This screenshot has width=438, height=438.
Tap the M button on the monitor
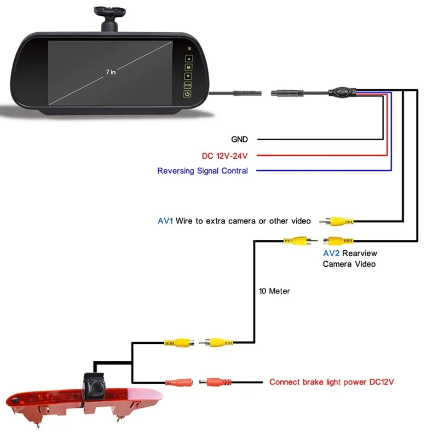click(188, 67)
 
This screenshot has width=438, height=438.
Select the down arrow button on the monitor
click(188, 76)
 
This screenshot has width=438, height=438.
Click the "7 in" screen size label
click(111, 71)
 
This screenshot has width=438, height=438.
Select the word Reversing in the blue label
click(176, 171)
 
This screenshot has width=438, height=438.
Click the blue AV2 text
click(331, 253)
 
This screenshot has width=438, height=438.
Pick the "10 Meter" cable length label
click(274, 291)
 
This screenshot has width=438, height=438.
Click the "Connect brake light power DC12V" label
click(331, 382)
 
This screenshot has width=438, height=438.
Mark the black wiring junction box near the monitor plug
click(343, 92)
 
